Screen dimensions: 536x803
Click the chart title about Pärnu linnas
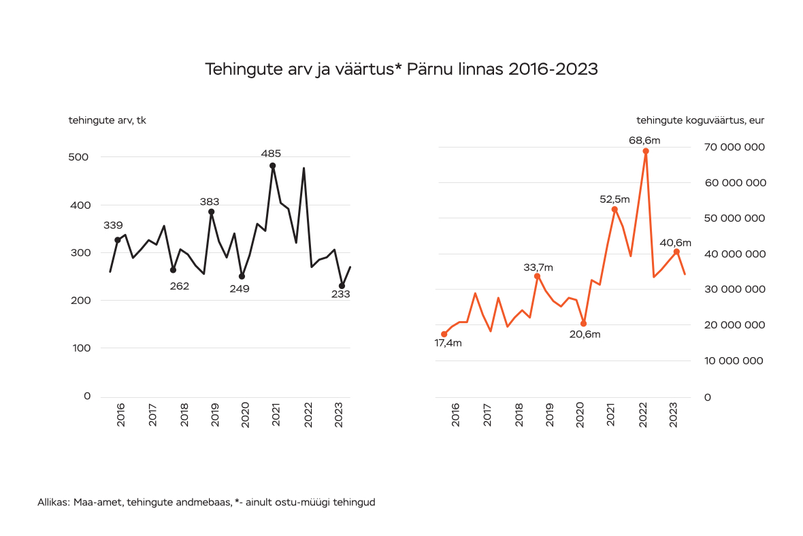401,69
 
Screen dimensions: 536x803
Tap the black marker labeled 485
272,165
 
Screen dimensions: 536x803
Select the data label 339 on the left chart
113,225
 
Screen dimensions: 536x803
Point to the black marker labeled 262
173,270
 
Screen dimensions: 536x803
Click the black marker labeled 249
242,276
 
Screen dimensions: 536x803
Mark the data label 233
340,295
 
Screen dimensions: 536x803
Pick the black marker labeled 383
211,212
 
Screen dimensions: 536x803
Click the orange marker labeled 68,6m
646,151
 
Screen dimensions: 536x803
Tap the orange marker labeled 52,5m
614,210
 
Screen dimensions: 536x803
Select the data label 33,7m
538,267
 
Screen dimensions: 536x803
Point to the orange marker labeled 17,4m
444,334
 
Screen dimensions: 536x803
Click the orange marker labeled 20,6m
583,323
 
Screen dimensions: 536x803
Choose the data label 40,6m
676,243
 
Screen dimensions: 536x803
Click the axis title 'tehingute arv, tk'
107,120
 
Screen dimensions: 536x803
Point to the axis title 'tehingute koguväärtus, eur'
700,120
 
